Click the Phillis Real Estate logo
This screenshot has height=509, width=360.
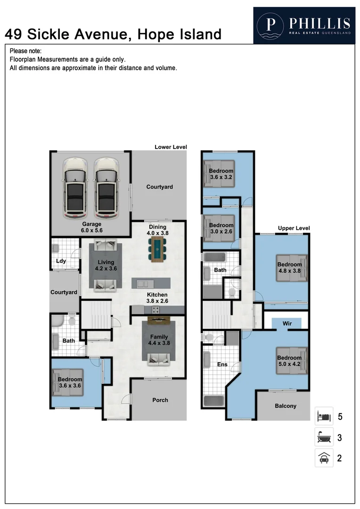(304, 25)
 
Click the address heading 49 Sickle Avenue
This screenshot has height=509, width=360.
(113, 34)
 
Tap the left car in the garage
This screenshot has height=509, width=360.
(75, 188)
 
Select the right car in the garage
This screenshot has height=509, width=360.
(106, 188)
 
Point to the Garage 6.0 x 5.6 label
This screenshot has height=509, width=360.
(92, 228)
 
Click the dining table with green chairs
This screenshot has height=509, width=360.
(157, 248)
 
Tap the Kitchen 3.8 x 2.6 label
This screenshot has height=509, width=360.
(157, 298)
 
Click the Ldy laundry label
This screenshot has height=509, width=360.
(61, 261)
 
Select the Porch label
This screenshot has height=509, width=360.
(160, 400)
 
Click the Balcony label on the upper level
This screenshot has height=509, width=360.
(286, 406)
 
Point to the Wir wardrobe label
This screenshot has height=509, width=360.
(287, 324)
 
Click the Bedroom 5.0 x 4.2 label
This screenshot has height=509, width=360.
(289, 361)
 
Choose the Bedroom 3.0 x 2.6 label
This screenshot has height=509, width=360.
(221, 229)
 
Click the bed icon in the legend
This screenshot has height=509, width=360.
(324, 417)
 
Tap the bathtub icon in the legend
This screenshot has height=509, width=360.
(324, 437)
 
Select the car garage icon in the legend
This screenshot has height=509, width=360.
(324, 458)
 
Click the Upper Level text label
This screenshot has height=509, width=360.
(294, 228)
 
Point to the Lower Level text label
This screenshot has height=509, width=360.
(171, 147)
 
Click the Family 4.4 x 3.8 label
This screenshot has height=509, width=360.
(159, 340)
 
